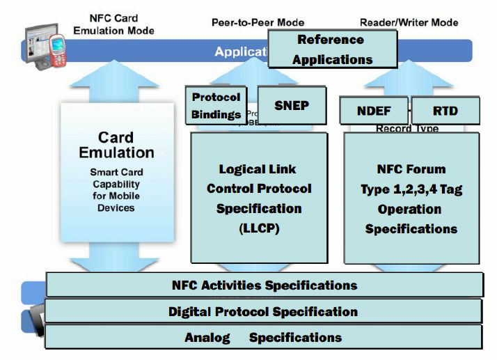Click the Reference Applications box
(x=332, y=49)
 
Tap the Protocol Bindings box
(x=216, y=106)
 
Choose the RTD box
(x=445, y=111)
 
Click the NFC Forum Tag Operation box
(x=412, y=198)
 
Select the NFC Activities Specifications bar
(x=264, y=285)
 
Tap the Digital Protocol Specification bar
(x=263, y=311)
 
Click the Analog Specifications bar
(x=263, y=338)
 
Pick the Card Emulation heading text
(x=116, y=144)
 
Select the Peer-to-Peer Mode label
(x=258, y=22)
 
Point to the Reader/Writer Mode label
(x=409, y=22)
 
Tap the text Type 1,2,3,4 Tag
(x=412, y=189)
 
